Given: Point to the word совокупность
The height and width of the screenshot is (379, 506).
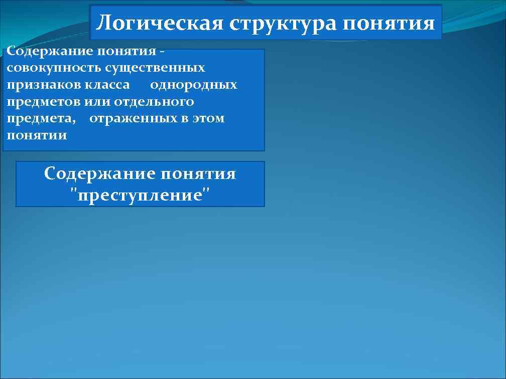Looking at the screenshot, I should [x=44, y=68].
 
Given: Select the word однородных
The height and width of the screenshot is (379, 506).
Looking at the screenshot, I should [x=193, y=85].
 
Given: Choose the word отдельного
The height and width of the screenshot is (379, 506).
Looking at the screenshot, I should [x=154, y=102].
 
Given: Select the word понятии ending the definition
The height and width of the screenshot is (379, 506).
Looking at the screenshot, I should [x=37, y=135].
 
